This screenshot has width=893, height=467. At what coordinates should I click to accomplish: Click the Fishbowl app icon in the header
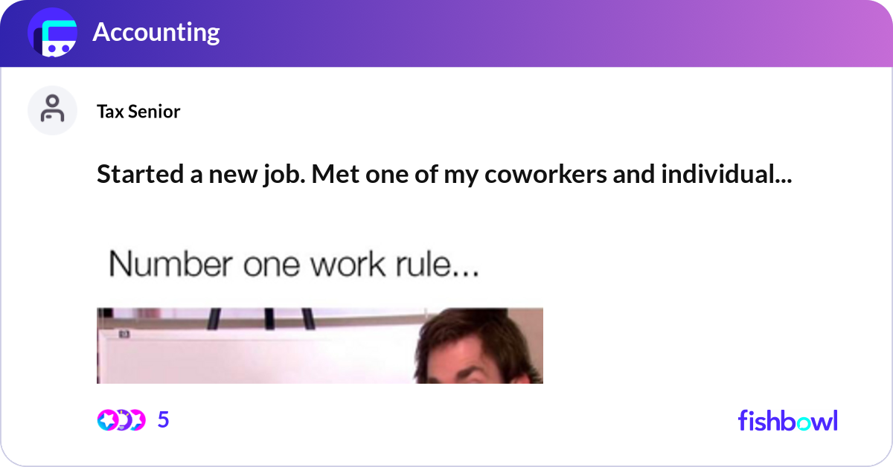[x=53, y=33]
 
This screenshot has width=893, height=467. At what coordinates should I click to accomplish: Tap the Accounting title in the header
[x=156, y=33]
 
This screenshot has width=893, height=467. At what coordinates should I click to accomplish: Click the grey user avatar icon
[x=52, y=109]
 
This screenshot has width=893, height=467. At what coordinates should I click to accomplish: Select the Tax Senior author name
[x=138, y=112]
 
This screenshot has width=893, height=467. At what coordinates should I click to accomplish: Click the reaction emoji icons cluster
[x=121, y=420]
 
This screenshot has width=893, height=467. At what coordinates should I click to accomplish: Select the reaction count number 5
[x=164, y=420]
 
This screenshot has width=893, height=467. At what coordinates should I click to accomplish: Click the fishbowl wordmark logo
[x=787, y=420]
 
